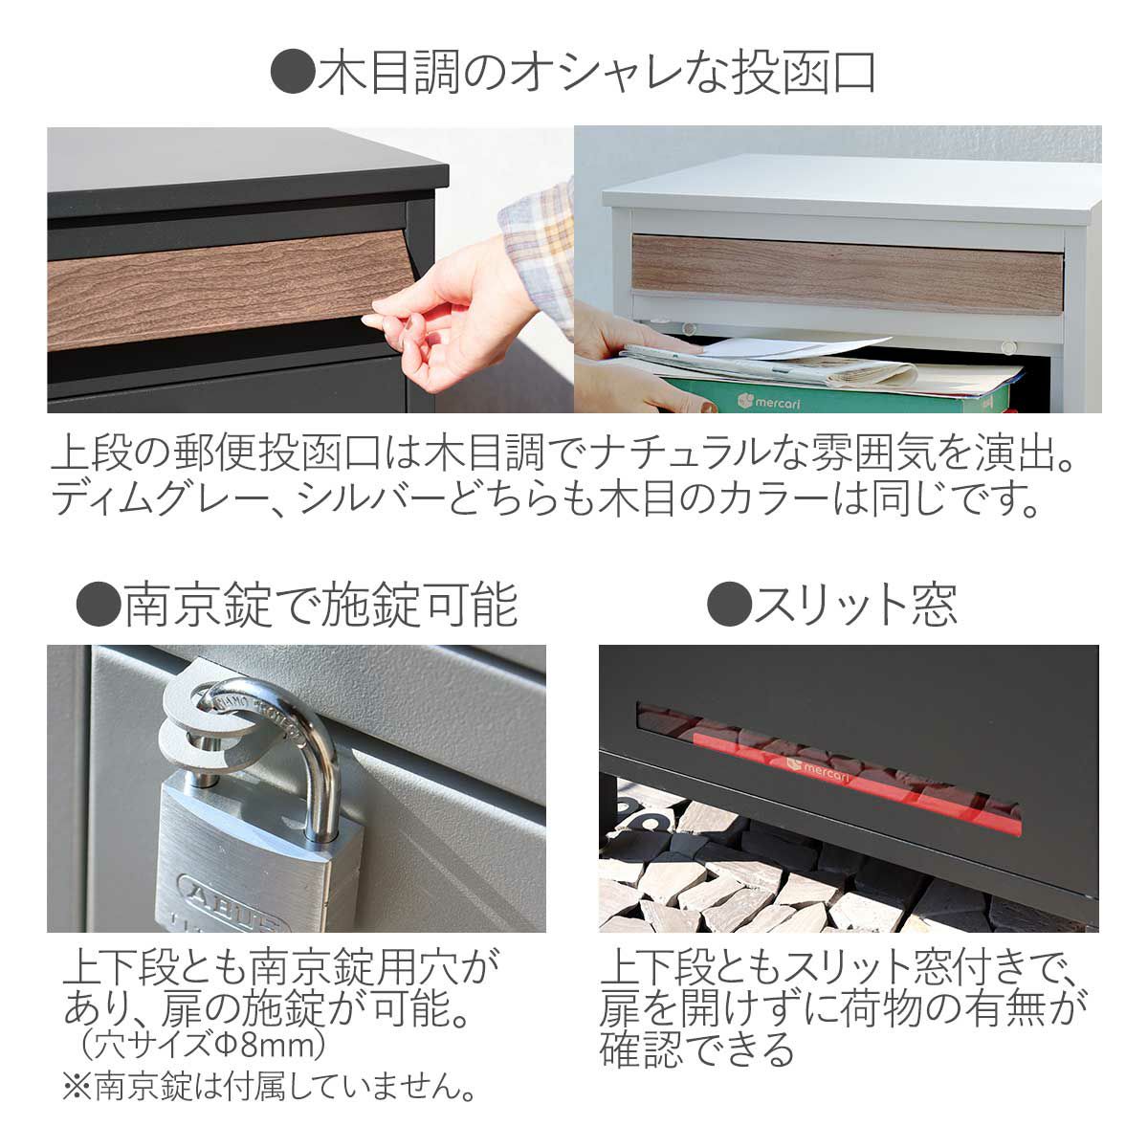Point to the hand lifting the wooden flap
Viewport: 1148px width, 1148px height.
pos(440,316)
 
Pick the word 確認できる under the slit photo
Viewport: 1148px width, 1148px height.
pos(697,1049)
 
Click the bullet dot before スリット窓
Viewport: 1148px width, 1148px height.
pos(729,605)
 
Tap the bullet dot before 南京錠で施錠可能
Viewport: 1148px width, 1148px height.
pos(99,605)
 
